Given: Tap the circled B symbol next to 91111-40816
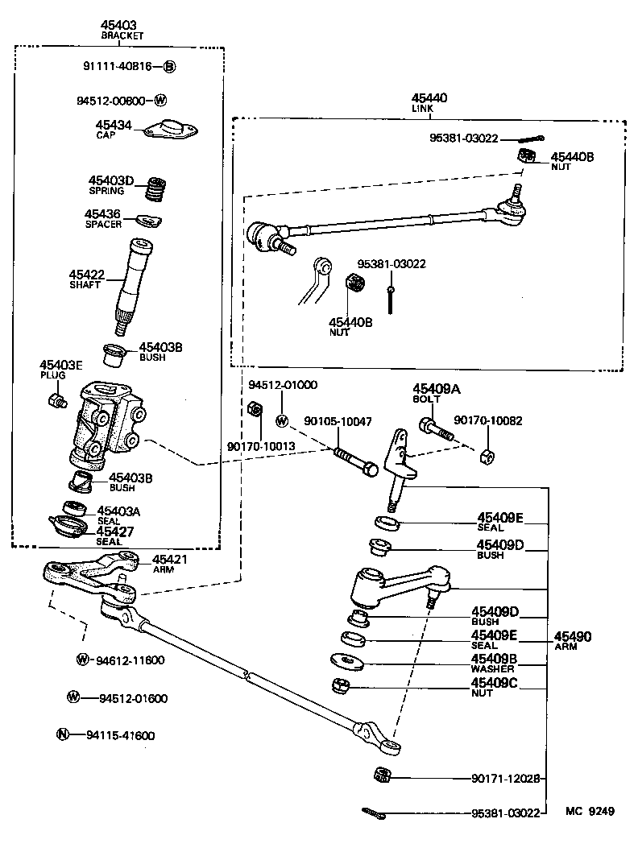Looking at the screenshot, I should [x=170, y=67].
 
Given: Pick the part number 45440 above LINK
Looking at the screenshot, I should [x=429, y=98].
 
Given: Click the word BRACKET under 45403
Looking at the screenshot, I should [x=122, y=36].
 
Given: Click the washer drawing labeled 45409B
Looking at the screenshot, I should [x=347, y=662].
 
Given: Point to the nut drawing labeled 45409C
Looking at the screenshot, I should [x=340, y=686].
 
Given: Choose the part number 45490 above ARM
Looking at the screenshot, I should [x=573, y=636].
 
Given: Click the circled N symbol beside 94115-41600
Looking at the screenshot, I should [x=62, y=734].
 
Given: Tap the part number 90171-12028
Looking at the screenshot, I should [x=507, y=779].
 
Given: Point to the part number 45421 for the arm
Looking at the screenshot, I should [x=170, y=559].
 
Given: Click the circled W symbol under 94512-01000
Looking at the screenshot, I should [x=282, y=420].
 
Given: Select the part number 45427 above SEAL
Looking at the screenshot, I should [x=115, y=531].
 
